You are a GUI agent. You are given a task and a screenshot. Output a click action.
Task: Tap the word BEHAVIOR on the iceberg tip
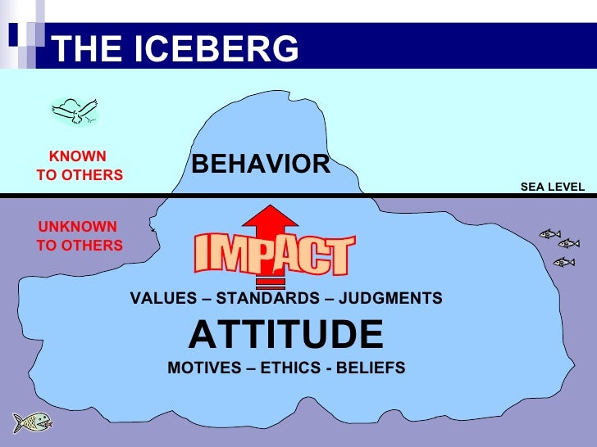click(x=261, y=165)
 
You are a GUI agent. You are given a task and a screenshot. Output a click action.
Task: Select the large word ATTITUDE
click(x=286, y=334)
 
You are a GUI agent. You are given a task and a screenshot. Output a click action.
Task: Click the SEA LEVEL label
click(x=552, y=187)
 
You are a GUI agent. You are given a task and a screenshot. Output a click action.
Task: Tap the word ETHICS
click(x=289, y=368)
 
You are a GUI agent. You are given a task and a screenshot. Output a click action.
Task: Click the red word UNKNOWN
click(x=78, y=227)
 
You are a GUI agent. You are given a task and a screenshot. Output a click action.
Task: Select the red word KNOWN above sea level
click(x=78, y=156)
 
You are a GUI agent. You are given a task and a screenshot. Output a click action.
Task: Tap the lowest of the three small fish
click(x=563, y=262)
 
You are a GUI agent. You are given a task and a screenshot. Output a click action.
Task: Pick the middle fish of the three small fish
click(x=568, y=244)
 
